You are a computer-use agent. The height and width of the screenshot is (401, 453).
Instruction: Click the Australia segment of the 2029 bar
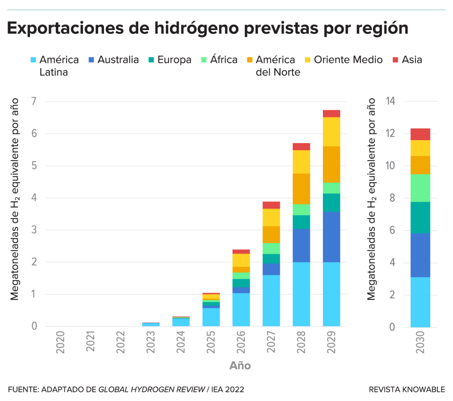pyautogui.click(x=331, y=237)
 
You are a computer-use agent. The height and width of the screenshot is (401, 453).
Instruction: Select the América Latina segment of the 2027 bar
pyautogui.click(x=271, y=301)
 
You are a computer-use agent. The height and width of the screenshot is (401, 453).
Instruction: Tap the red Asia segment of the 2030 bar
pyautogui.click(x=420, y=134)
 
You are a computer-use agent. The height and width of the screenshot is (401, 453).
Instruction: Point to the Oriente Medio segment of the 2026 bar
pyautogui.click(x=241, y=260)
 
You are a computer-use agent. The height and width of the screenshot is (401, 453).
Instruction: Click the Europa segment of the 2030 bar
pyautogui.click(x=420, y=218)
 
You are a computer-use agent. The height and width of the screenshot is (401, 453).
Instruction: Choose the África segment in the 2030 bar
pyautogui.click(x=420, y=188)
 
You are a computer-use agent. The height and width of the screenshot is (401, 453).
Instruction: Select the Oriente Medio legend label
pyautogui.click(x=348, y=60)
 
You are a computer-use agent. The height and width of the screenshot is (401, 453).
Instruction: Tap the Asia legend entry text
pyautogui.click(x=412, y=60)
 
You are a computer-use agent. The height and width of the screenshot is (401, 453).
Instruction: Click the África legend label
pyautogui.click(x=224, y=60)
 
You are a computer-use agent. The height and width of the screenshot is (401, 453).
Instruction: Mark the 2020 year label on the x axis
pyautogui.click(x=61, y=342)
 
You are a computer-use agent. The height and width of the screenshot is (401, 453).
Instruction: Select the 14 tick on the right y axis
pyautogui.click(x=391, y=102)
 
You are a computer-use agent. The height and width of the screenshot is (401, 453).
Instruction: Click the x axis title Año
pyautogui.click(x=240, y=366)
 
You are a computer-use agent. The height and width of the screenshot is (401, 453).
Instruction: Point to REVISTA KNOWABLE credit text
pyautogui.click(x=407, y=390)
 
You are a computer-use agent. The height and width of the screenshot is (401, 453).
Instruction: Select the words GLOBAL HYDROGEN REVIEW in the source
pyautogui.click(x=151, y=390)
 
